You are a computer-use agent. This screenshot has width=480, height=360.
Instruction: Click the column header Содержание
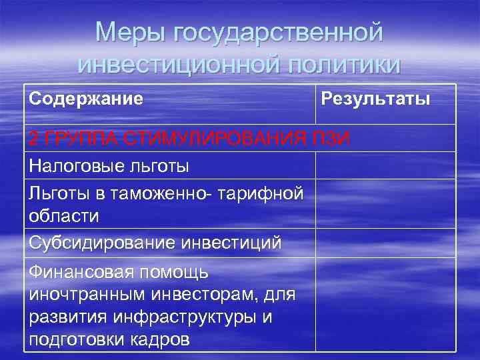[86, 99]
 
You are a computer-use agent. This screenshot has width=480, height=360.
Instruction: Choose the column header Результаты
[375, 99]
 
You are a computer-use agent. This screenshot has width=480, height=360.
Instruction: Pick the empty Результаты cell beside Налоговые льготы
[385, 165]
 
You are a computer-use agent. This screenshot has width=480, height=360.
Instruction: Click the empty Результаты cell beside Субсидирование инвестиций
[385, 243]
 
